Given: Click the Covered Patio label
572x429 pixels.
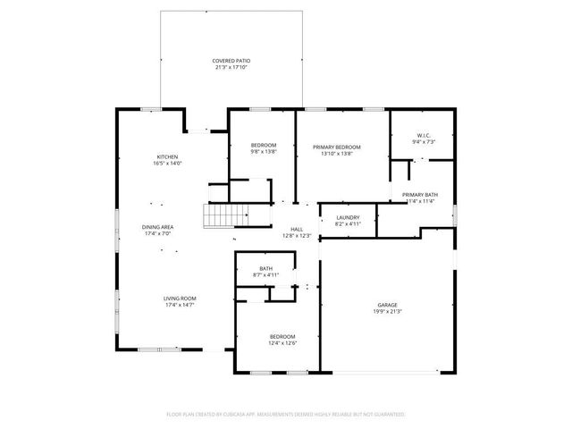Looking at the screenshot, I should (230, 60).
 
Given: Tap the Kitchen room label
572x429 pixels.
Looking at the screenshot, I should (168, 156).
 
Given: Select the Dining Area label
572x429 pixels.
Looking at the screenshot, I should (158, 227).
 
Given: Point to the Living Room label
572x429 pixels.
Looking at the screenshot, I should (156, 298).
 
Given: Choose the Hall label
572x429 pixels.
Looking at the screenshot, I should (297, 229).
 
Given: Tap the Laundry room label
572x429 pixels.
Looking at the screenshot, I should (348, 217).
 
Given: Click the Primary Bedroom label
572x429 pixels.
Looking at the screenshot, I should (336, 147).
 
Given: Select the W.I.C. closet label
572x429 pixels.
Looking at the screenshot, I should (423, 136).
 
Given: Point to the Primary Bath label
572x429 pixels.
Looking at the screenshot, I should (419, 194).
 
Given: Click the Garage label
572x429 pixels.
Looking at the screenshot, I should (387, 305).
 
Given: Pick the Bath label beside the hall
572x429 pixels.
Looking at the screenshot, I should (266, 268).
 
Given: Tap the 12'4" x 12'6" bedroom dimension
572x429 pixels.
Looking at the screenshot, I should (282, 343).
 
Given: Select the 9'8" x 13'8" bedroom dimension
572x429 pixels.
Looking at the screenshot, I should (263, 153).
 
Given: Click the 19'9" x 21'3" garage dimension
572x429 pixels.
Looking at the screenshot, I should (387, 312).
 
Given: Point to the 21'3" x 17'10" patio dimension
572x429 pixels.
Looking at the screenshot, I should (230, 67).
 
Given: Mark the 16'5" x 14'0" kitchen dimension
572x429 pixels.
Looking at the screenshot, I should (168, 164).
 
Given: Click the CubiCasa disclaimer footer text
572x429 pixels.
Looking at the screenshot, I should (286, 414).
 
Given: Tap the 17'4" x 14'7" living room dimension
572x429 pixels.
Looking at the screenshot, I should (156, 305).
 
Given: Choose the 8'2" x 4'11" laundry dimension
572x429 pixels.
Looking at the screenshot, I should (348, 224).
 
